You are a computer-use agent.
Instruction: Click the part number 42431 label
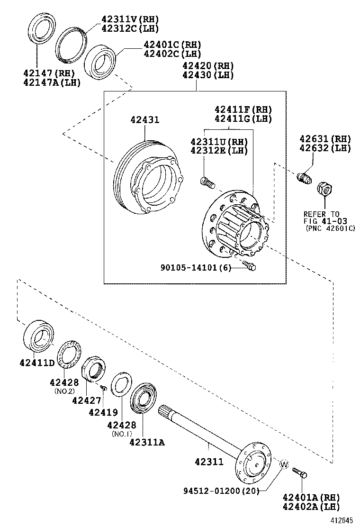tap(145, 119)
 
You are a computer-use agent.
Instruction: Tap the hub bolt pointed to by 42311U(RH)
tap(207, 181)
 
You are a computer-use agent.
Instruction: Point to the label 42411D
tap(38, 363)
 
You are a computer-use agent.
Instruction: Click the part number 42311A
tap(147, 443)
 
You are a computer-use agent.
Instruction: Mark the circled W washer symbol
tap(284, 464)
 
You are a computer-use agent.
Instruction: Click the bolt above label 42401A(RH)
tap(299, 472)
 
